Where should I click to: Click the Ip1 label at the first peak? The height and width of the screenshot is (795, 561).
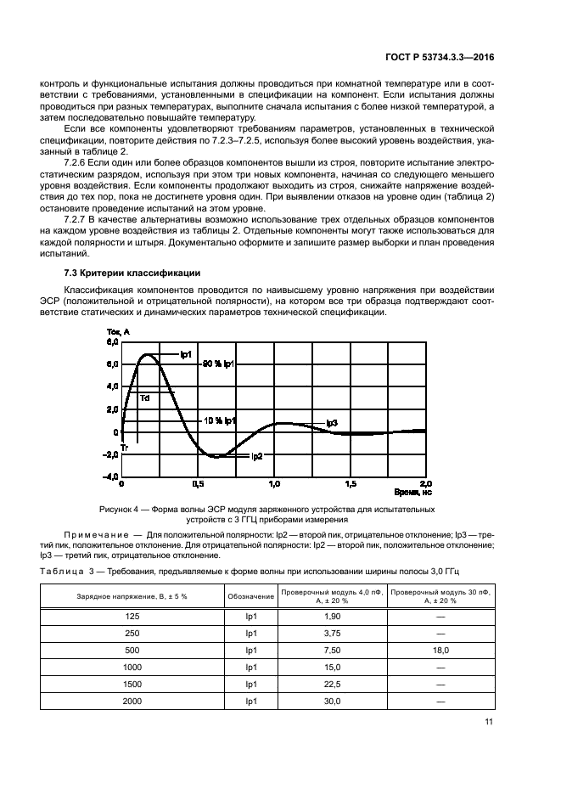186,353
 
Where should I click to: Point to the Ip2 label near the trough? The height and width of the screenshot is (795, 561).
256,456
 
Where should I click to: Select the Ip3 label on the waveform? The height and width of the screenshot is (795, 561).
332,423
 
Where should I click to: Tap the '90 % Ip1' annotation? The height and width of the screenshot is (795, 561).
218,364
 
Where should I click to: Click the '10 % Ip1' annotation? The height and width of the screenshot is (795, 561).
219,420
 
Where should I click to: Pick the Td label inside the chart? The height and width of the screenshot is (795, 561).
145,398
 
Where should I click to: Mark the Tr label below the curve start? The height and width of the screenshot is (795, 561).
124,447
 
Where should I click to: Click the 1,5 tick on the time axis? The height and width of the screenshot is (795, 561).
350,483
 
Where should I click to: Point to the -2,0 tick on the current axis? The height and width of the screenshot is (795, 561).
111,454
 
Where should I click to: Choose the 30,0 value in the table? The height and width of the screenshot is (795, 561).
332,702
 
